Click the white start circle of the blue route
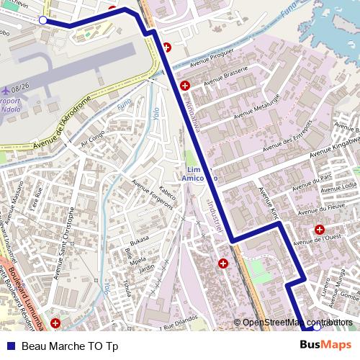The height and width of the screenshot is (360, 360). pyautogui.click(x=42, y=20)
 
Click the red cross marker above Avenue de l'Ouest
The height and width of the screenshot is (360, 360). pyautogui.click(x=319, y=229)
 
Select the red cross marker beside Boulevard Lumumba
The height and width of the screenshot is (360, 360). pyautogui.click(x=58, y=322)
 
